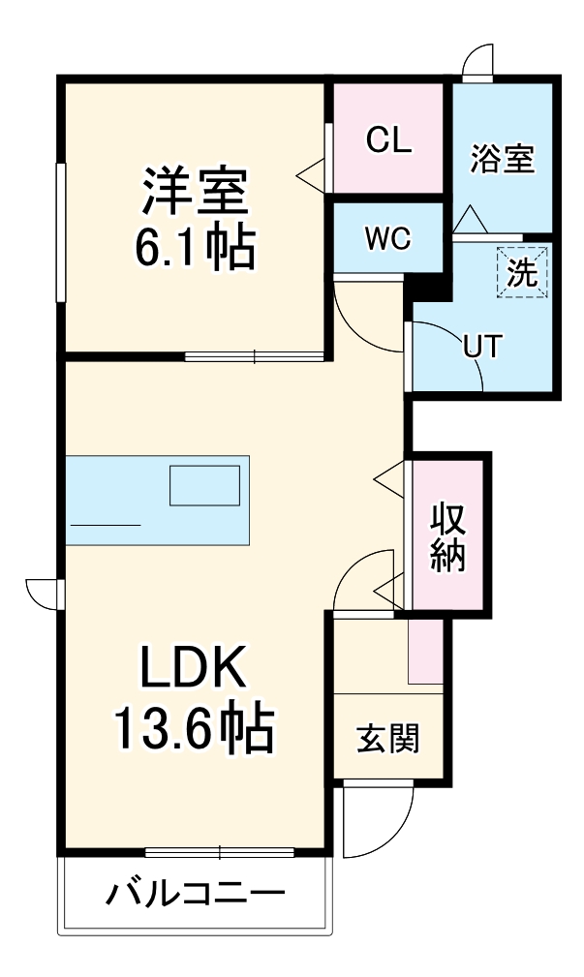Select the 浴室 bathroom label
(x=503, y=159)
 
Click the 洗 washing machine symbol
(x=523, y=272)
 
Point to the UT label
(x=481, y=348)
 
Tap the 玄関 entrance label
(x=387, y=740)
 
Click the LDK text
(x=197, y=668)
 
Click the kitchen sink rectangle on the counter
(x=204, y=485)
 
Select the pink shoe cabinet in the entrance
(x=425, y=650)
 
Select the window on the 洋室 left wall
(x=61, y=232)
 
